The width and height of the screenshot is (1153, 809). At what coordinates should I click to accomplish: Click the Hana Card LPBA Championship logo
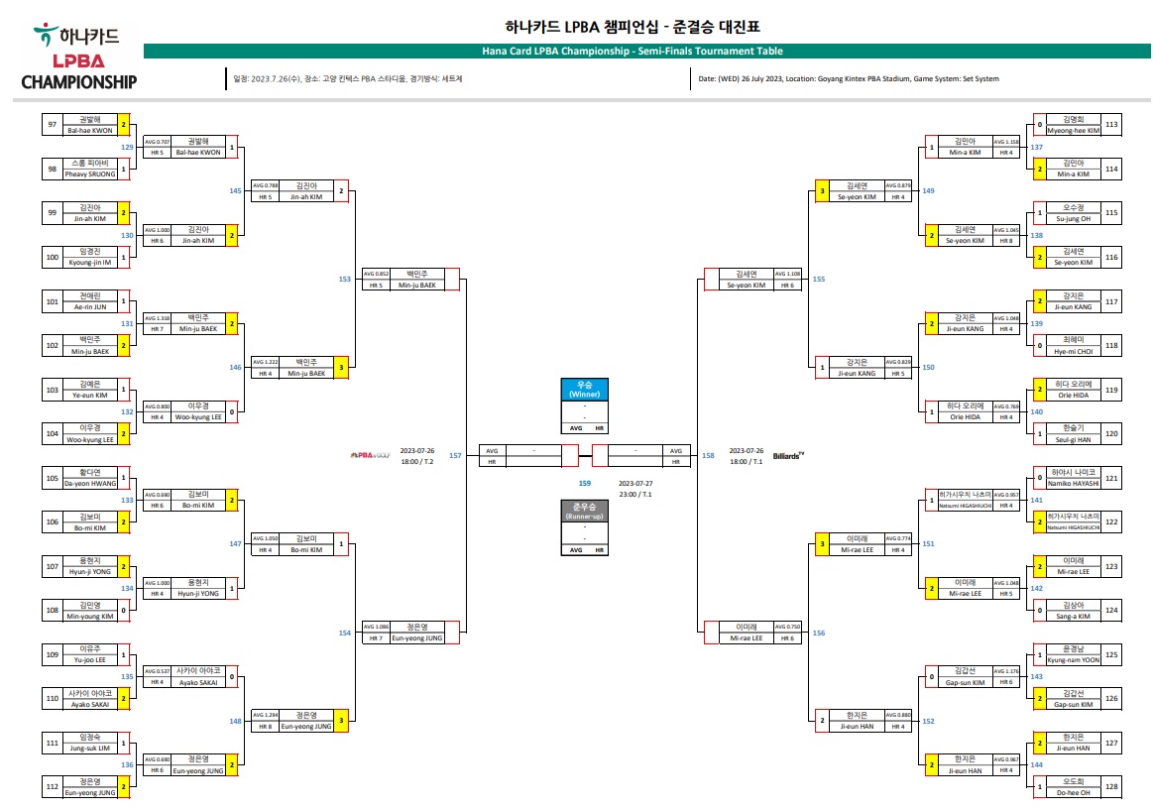(x=78, y=58)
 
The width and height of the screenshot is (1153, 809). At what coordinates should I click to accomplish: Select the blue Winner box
(x=584, y=389)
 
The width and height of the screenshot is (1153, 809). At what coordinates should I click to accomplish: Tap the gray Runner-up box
(x=584, y=512)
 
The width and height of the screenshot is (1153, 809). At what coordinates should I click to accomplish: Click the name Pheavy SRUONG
(x=90, y=173)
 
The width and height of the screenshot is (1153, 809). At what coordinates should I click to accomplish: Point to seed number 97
(x=52, y=124)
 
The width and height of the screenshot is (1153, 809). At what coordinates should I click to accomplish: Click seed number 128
(x=1111, y=785)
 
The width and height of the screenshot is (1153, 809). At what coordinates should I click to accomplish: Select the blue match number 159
(x=585, y=483)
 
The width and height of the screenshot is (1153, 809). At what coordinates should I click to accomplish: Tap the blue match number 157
(x=455, y=456)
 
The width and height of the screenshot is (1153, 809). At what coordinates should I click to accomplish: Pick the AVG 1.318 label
(x=156, y=317)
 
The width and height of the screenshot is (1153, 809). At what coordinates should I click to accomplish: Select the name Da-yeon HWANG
(x=90, y=483)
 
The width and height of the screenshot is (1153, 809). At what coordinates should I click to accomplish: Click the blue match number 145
(x=235, y=191)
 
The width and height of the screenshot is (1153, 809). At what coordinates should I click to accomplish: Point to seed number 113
(x=1111, y=124)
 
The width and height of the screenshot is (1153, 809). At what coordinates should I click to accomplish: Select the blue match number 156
(x=818, y=633)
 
